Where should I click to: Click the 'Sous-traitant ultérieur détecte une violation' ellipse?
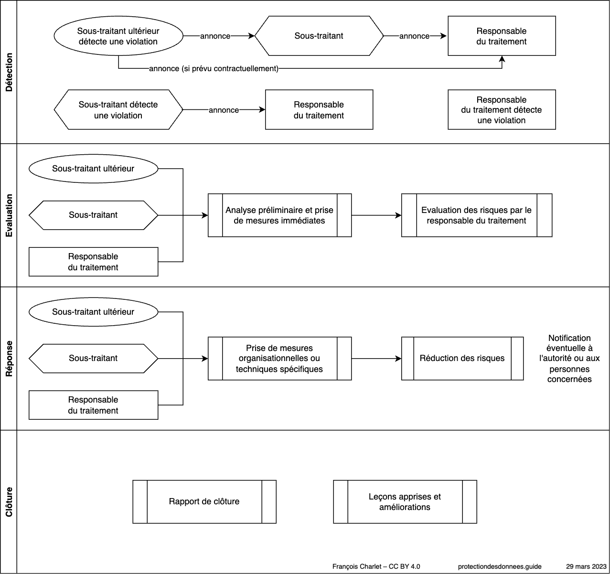click(x=118, y=36)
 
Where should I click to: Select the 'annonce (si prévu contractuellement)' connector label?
click(x=214, y=68)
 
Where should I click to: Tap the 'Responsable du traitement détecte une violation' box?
click(x=502, y=110)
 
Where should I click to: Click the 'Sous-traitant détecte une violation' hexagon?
click(x=118, y=110)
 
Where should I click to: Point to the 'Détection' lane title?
click(x=9, y=72)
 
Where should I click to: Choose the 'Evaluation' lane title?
click(x=9, y=215)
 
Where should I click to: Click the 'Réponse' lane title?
click(x=9, y=359)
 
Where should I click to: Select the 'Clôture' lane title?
click(x=9, y=502)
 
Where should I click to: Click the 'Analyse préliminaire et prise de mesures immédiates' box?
click(x=279, y=215)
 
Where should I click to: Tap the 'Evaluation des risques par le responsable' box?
click(x=477, y=215)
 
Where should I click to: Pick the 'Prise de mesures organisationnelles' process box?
click(x=279, y=359)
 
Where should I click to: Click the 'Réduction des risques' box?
click(x=462, y=359)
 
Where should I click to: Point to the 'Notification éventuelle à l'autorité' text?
click(x=569, y=359)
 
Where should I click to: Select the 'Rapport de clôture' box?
click(x=204, y=502)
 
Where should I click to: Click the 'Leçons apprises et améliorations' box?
click(x=405, y=502)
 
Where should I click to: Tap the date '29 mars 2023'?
click(x=586, y=567)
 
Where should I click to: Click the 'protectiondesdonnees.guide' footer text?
click(x=500, y=567)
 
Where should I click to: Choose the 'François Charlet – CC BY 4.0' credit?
click(x=376, y=567)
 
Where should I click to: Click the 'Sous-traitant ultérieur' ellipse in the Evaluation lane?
click(x=93, y=169)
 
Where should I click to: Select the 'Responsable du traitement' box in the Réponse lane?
click(x=93, y=405)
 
